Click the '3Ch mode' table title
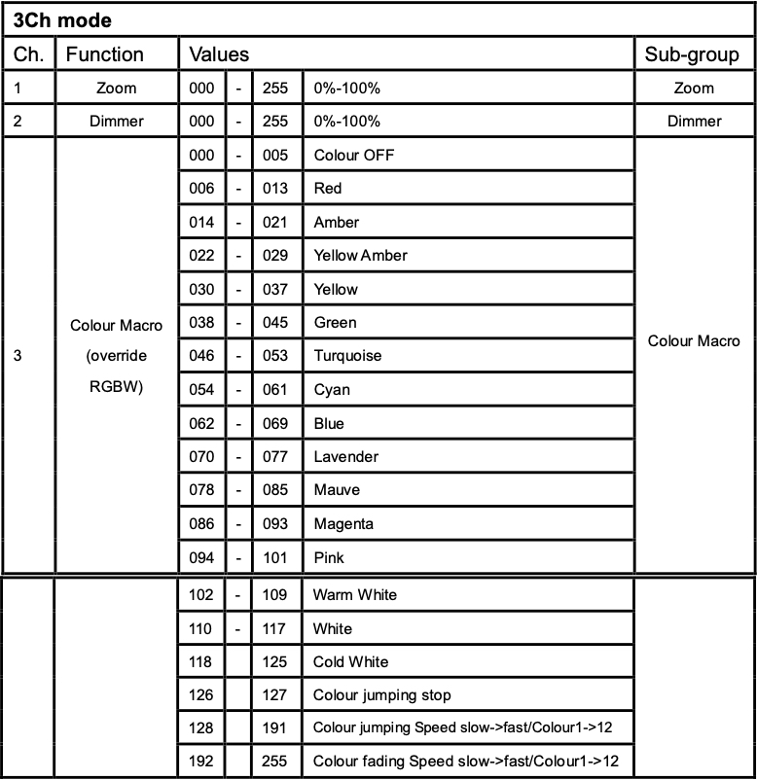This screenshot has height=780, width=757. point(62,19)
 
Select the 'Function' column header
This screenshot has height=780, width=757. point(104,54)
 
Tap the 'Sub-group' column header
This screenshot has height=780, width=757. point(692,54)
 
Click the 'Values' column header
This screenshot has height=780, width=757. point(219,54)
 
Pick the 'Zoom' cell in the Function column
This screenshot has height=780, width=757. point(117,89)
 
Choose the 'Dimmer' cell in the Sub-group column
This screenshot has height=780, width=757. point(694,122)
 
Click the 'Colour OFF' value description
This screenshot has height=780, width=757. point(353,156)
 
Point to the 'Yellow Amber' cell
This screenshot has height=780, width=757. point(360,256)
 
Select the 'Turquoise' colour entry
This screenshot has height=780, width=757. point(347,356)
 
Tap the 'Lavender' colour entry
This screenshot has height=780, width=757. point(345,457)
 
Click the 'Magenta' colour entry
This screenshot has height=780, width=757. point(342,524)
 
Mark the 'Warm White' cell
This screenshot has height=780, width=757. point(354,594)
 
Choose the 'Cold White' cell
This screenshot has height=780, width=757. point(350,661)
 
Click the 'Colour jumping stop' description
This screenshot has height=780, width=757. point(381,695)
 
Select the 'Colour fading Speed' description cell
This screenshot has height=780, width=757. point(465,761)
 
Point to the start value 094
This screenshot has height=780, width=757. point(201,558)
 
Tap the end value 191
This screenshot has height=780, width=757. point(275,727)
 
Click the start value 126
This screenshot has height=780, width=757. point(201,695)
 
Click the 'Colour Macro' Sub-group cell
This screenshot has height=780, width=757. point(694,340)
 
